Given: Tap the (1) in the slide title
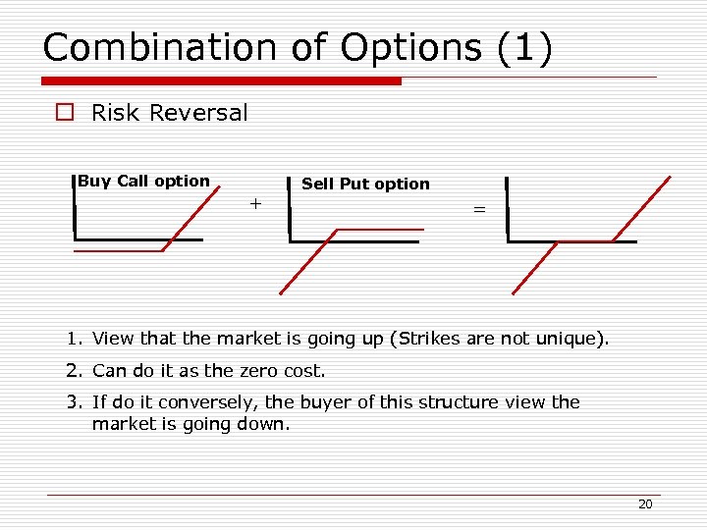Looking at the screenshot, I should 525,48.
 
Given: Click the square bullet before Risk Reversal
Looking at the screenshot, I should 65,113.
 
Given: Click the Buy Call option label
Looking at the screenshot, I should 143,181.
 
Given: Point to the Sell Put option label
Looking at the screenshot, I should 365,184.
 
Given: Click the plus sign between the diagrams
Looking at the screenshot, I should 255,204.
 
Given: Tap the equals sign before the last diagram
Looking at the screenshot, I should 479,209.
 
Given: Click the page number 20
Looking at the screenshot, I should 645,503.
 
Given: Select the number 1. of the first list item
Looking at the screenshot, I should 75,339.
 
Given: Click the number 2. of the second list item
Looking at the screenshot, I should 75,370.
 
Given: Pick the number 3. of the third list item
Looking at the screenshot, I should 75,401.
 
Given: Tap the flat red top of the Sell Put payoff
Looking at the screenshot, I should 379,230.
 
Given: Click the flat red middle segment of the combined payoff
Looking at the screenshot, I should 585,241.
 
